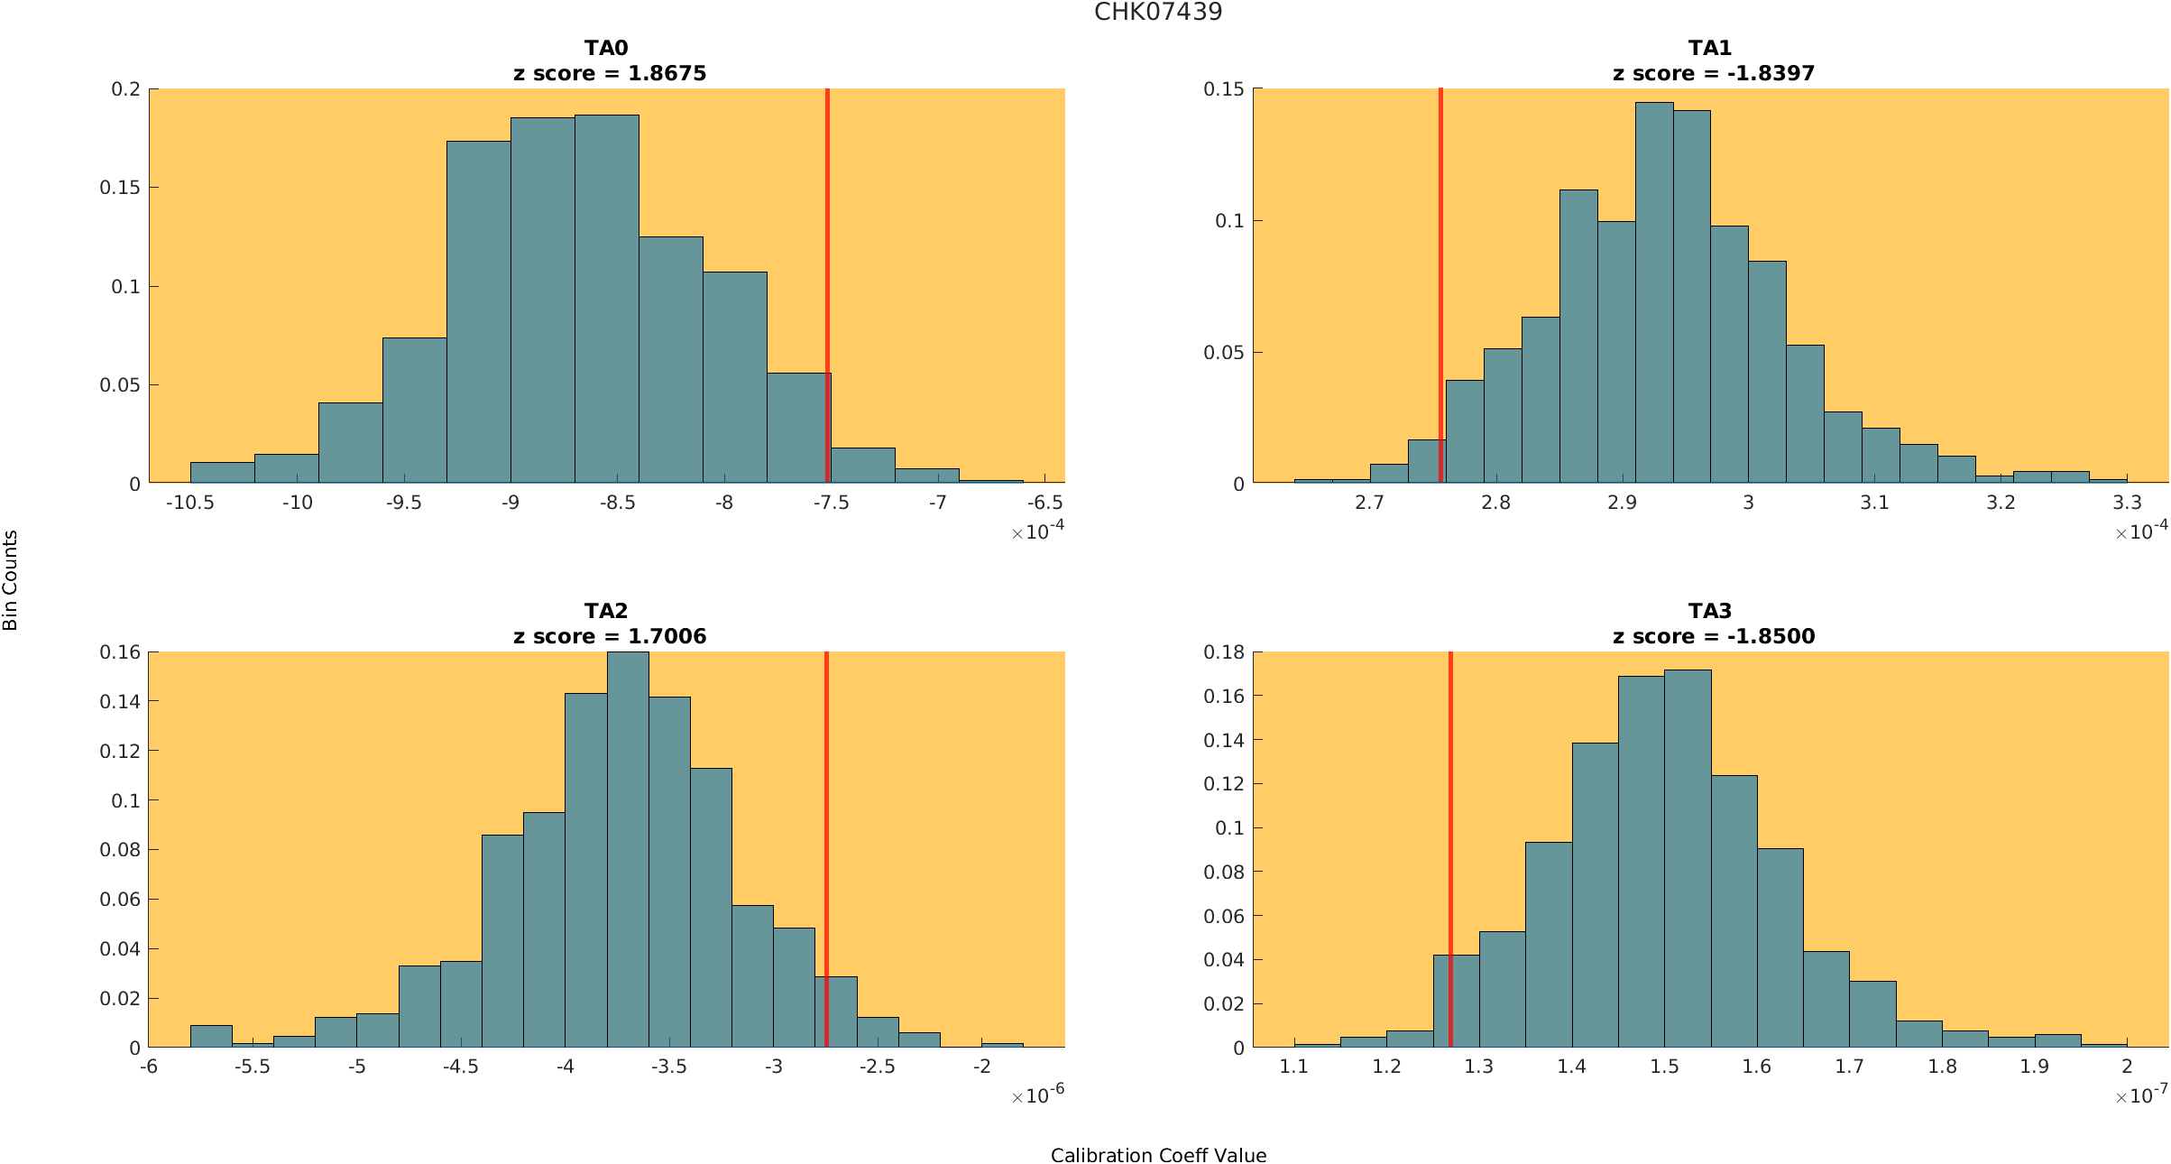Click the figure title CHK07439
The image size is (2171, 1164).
click(1158, 12)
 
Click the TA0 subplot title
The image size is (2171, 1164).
click(606, 48)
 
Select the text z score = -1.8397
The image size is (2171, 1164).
click(1713, 73)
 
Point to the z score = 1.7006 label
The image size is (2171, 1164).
click(610, 636)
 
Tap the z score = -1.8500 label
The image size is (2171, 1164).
click(1713, 636)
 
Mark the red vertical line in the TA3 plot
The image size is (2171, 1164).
click(1450, 812)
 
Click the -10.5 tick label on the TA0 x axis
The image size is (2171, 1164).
click(189, 503)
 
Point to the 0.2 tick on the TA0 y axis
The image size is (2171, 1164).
click(126, 89)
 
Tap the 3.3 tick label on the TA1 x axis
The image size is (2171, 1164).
click(2127, 503)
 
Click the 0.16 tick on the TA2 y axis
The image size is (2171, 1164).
click(121, 652)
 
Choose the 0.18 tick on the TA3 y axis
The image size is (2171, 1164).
click(1224, 652)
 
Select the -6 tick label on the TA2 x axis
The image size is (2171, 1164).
click(149, 1067)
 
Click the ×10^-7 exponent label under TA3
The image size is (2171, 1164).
click(2141, 1095)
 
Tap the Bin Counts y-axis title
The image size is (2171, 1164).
click(11, 580)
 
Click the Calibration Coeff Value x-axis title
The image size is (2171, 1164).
click(1158, 1156)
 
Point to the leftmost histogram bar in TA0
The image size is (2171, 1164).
click(222, 473)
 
